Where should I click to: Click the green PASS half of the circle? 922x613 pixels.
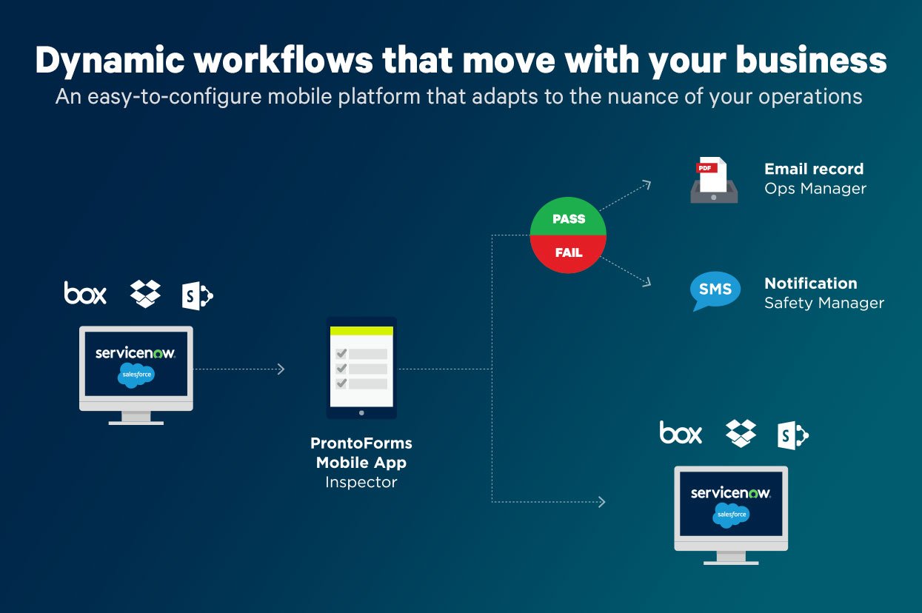click(568, 218)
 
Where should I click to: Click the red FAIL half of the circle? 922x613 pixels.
click(568, 252)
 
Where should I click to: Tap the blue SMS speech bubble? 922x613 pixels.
click(715, 291)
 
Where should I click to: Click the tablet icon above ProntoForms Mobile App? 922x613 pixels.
click(361, 368)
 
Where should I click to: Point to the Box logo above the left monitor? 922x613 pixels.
click(85, 293)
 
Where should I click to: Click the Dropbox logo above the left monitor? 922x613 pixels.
click(145, 294)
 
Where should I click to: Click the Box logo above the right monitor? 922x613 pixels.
click(681, 432)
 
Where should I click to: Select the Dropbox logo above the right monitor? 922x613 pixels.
click(741, 433)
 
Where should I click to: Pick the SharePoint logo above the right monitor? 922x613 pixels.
click(792, 435)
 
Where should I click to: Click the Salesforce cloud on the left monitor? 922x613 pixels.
click(136, 375)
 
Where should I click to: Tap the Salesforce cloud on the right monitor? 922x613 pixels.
click(731, 514)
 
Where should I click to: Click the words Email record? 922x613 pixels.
click(813, 169)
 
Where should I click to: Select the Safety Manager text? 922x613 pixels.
click(824, 303)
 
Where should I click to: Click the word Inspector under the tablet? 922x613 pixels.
click(361, 483)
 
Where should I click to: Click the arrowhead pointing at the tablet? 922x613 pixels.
click(281, 369)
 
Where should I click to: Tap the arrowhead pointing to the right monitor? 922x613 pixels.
click(601, 502)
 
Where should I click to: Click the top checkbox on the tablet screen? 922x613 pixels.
click(341, 354)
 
